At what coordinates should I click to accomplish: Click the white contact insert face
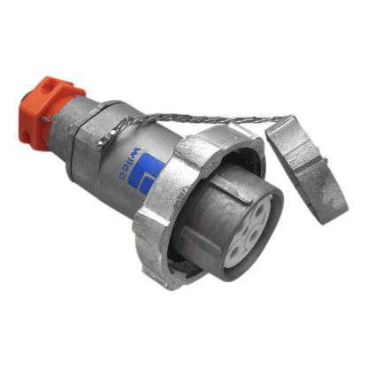[251, 231]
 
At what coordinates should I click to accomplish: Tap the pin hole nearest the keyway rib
[251, 214]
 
